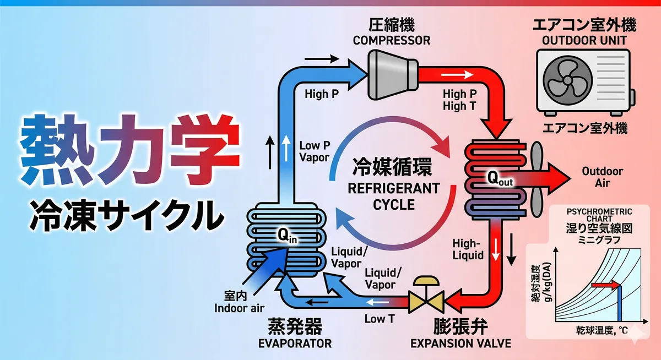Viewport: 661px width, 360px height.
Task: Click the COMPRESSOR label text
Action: (391, 40)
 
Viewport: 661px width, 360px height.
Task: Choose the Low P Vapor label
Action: (314, 151)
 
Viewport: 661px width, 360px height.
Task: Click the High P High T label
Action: (459, 100)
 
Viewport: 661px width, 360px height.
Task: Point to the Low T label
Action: (379, 319)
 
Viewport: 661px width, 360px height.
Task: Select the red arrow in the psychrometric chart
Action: (605, 286)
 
